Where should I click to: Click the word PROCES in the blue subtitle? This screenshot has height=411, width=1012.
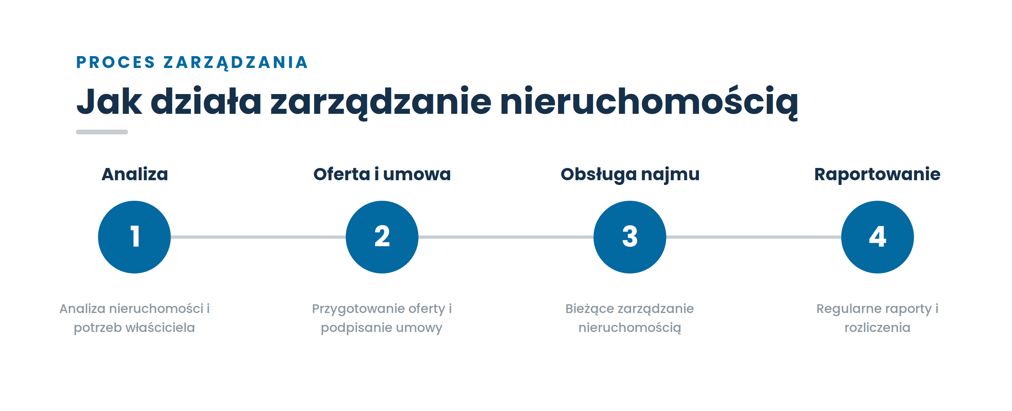tap(115, 62)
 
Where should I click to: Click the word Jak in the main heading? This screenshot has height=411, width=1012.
tap(109, 102)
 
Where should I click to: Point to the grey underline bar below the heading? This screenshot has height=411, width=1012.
tap(102, 132)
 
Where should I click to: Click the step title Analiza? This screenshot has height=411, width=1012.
tap(135, 174)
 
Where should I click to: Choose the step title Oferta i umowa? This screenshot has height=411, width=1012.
tap(382, 174)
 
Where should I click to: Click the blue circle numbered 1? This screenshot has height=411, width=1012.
tap(134, 237)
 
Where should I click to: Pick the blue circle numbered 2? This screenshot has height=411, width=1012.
tap(382, 237)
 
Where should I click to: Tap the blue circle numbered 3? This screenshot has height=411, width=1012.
tap(630, 237)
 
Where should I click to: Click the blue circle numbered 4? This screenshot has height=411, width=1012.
tap(878, 237)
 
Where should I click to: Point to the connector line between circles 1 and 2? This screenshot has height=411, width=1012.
tap(258, 237)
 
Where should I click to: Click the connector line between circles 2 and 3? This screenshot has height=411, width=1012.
tap(506, 237)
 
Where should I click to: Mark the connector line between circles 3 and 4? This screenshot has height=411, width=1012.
tap(753, 237)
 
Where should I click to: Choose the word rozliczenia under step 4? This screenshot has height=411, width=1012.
tap(877, 328)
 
